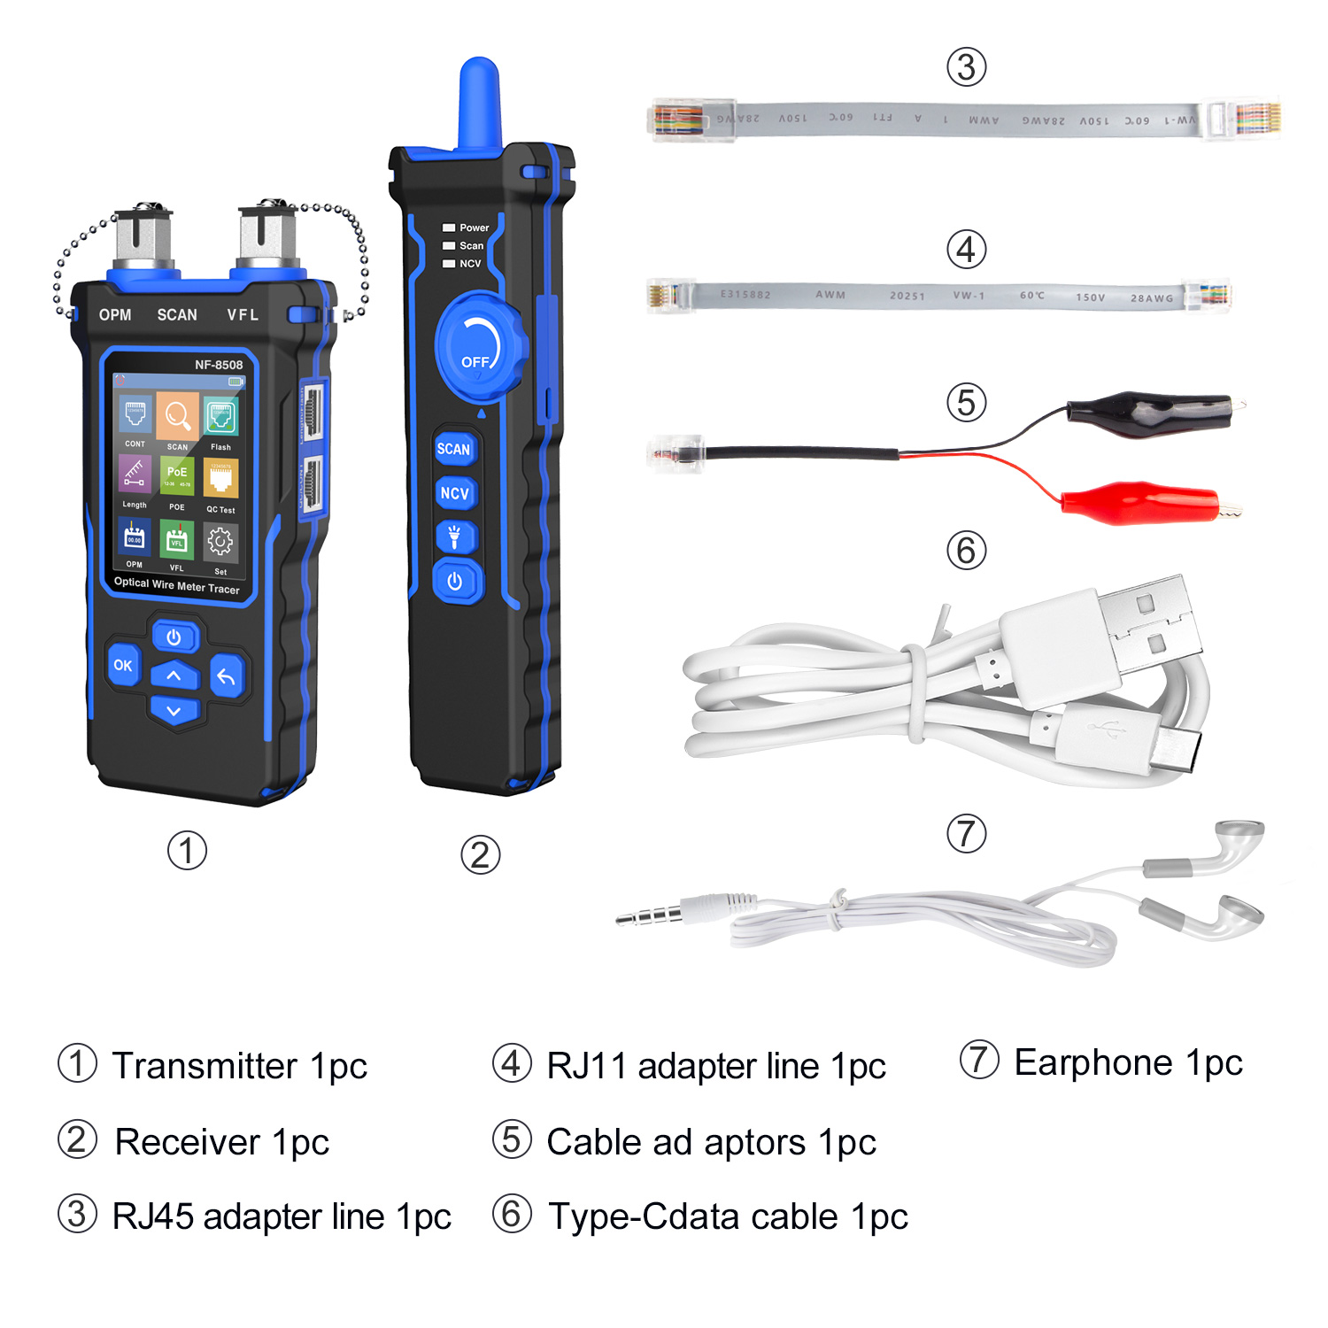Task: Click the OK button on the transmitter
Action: point(123,665)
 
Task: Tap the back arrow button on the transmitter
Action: point(227,677)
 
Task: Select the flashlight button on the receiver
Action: point(455,536)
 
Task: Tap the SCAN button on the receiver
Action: point(454,449)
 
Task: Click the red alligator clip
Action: point(1142,503)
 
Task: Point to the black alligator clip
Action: point(1149,413)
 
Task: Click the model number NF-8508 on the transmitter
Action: point(219,365)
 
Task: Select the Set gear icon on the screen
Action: point(220,542)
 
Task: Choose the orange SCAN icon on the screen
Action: point(178,415)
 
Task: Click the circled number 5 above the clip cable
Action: point(967,403)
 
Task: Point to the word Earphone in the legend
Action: point(1093,1062)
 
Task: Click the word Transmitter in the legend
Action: point(205,1066)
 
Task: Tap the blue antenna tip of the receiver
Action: point(480,97)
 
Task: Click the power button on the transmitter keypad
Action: point(174,637)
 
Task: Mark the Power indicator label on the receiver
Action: point(474,228)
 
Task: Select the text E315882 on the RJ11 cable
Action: point(745,294)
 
